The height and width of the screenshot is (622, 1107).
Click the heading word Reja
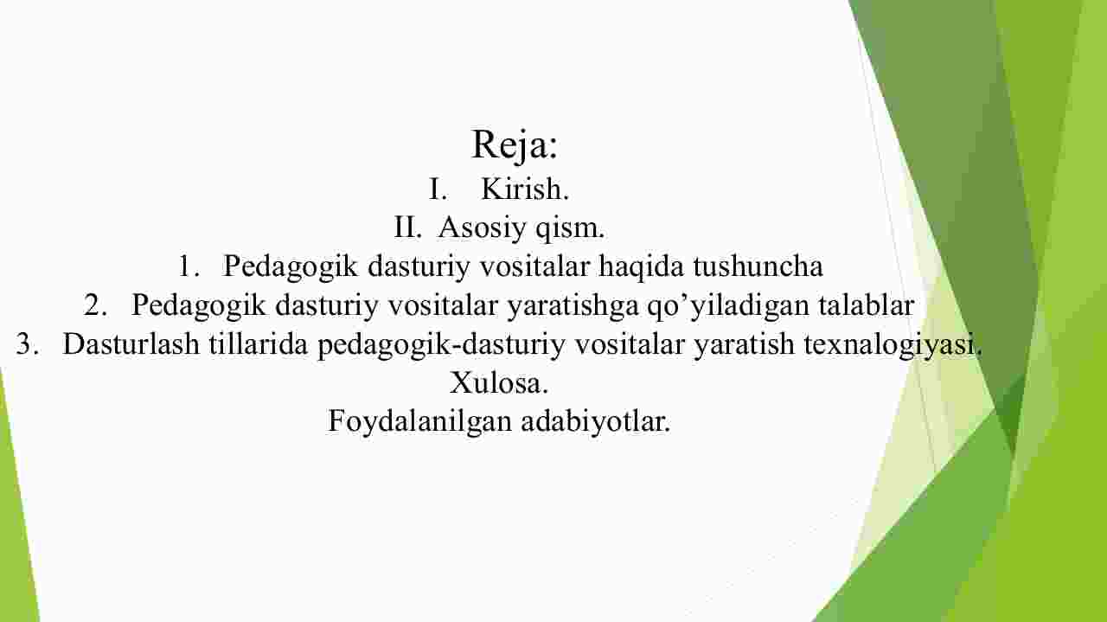click(515, 144)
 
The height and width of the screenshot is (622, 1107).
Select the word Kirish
click(525, 189)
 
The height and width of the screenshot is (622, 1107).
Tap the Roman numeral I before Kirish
click(438, 189)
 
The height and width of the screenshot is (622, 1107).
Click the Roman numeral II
click(407, 228)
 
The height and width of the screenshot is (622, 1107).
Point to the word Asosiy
click(483, 228)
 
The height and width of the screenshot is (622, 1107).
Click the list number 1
click(189, 266)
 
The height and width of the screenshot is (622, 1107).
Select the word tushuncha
click(758, 266)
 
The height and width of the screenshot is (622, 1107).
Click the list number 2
click(95, 305)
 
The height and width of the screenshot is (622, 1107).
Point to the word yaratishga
click(573, 306)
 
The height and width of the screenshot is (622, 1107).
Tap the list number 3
click(27, 343)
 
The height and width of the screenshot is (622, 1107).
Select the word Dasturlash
click(131, 343)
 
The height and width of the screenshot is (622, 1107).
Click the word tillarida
click(259, 343)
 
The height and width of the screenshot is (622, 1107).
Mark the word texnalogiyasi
click(893, 344)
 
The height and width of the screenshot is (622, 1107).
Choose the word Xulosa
click(499, 382)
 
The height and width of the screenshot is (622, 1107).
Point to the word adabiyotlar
click(596, 422)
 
